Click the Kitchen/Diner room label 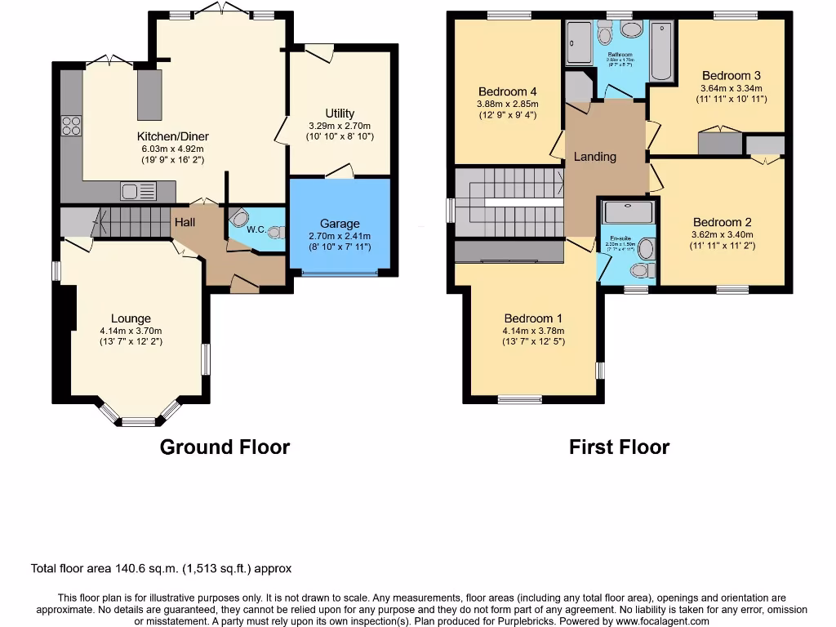point(172,136)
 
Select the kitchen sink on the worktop point(138,192)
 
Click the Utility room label point(340,113)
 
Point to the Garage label point(340,223)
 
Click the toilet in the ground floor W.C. point(274,232)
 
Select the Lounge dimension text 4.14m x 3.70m point(131,331)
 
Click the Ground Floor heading point(225,447)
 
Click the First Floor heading point(619,447)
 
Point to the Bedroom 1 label point(532,318)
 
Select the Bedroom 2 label point(722,222)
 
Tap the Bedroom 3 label point(731,76)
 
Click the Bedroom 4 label point(507,91)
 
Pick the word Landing point(594,156)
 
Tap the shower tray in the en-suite point(628,211)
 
